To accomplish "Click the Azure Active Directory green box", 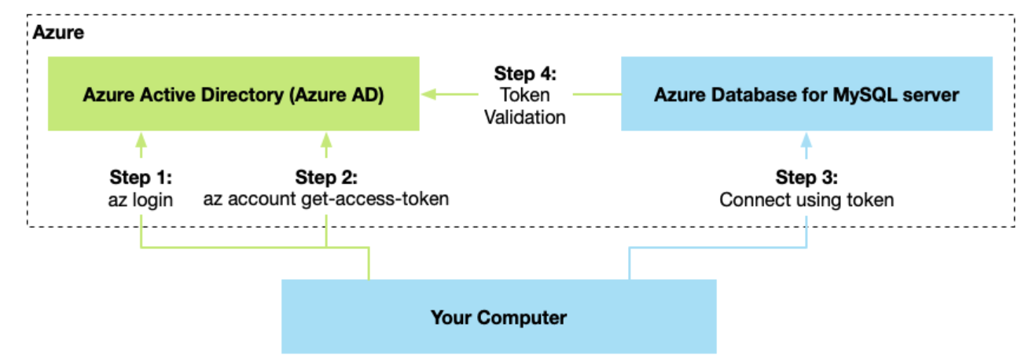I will [x=233, y=94].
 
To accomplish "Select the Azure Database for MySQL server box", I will [x=806, y=94].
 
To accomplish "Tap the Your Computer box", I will [x=498, y=318].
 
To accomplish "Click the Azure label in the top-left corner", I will [x=59, y=34].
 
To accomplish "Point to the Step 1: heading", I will [x=141, y=177].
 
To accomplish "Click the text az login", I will [x=141, y=199].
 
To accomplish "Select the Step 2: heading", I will [x=326, y=177].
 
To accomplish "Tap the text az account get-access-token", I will [x=326, y=199].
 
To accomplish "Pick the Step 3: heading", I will [x=806, y=177].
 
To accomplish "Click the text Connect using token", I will [x=806, y=200].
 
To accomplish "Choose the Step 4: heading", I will [x=524, y=74].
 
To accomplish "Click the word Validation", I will [x=524, y=117].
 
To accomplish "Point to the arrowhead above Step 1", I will [x=141, y=141].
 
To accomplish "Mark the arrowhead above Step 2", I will [x=326, y=141].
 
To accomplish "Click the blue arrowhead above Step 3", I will [x=805, y=141].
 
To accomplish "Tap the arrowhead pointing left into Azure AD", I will [x=429, y=95].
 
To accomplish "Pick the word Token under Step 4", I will [x=524, y=95].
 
